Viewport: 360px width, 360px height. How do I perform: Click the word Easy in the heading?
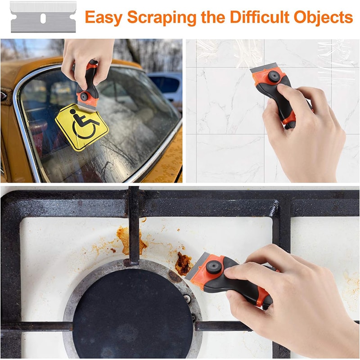click(x=104, y=18)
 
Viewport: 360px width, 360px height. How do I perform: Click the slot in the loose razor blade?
click(x=43, y=18)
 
